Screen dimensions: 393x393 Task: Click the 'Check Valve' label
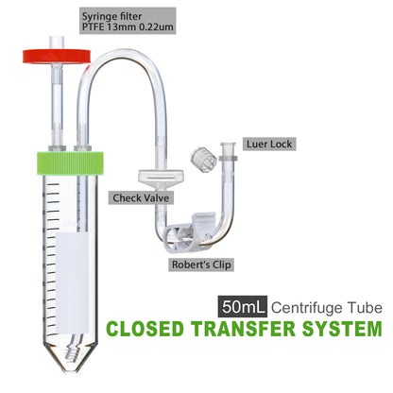[x=135, y=198]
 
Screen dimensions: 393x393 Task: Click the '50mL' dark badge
[x=241, y=307]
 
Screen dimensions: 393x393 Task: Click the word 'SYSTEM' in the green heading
[x=341, y=330]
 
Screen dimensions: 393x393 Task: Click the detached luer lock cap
[x=200, y=157]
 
